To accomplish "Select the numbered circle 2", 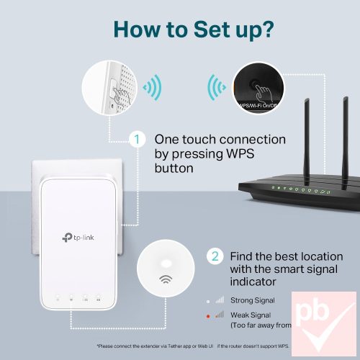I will (x=215, y=256).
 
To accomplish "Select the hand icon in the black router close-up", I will (x=264, y=93).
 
